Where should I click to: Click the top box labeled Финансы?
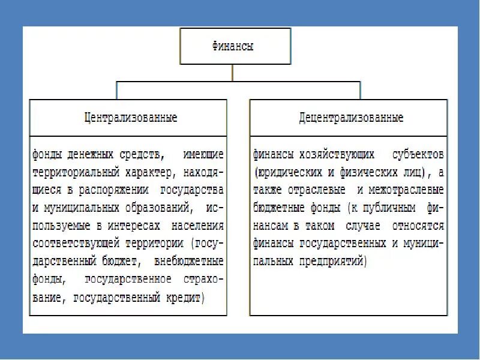tap(233, 46)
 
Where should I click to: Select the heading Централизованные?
tap(130, 117)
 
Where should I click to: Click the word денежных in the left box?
tap(88, 154)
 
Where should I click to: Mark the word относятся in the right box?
tap(418, 226)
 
